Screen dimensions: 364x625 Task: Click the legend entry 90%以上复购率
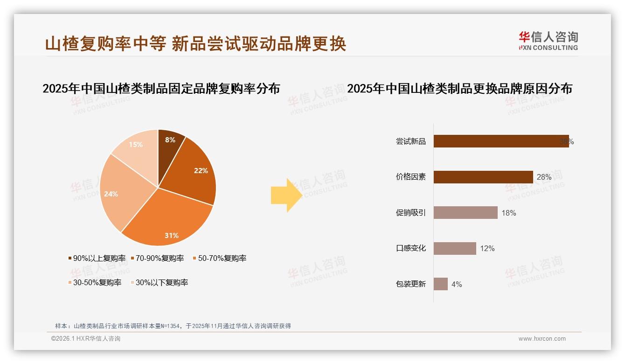tap(97, 258)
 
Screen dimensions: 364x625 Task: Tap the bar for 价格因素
tap(483, 177)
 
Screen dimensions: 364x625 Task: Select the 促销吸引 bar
tap(465, 213)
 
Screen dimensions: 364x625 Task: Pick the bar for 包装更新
tap(441, 284)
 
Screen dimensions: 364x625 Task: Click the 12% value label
tap(487, 248)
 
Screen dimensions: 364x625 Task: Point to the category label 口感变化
tap(411, 248)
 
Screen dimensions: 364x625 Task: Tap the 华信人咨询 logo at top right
tap(548, 41)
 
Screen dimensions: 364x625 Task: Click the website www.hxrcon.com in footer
tap(542, 339)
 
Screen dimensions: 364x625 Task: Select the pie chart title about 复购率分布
tap(161, 89)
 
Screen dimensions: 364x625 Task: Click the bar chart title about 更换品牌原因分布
tap(459, 89)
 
